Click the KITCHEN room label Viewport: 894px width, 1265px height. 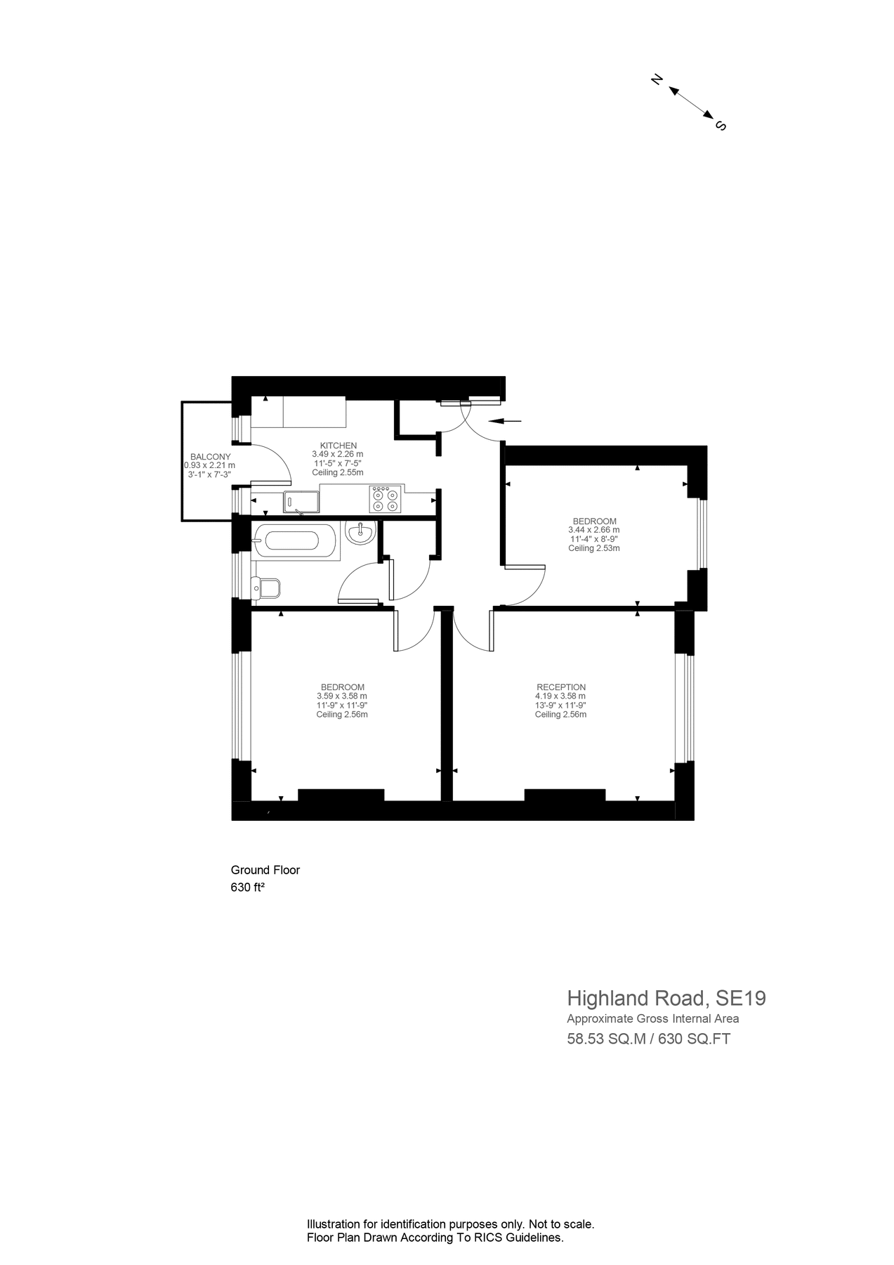338,446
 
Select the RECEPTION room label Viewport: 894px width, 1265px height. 560,687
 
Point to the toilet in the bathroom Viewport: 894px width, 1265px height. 267,588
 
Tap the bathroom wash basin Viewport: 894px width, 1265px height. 361,532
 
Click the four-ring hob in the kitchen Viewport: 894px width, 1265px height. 385,499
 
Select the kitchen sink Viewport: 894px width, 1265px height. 301,501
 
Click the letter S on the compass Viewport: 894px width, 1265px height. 720,126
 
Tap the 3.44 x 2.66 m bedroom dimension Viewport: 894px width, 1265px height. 593,530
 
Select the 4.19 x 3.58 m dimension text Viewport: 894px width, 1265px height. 560,696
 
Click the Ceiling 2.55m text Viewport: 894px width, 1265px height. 338,472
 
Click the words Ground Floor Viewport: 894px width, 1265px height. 265,870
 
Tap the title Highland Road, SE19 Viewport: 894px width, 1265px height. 666,998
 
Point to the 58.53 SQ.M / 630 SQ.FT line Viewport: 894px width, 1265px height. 648,1039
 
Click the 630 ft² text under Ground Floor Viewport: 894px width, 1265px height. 247,888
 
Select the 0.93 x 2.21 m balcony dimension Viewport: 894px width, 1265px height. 209,465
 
